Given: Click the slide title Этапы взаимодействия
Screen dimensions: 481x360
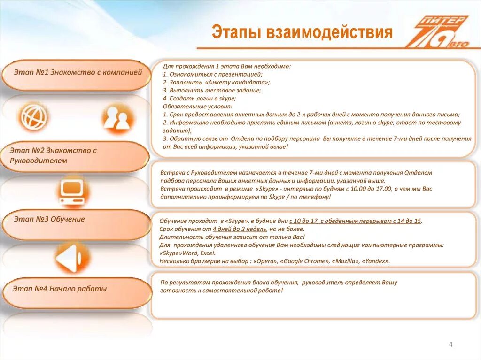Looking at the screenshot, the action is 302,32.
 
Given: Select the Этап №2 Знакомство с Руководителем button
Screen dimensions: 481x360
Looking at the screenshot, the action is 75,156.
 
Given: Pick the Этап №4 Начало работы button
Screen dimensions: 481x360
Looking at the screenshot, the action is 78,293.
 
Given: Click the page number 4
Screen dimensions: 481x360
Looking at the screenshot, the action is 450,345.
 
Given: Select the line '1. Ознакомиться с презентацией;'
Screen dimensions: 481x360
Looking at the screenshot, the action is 213,74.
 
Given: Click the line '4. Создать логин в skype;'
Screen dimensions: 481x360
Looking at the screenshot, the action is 199,99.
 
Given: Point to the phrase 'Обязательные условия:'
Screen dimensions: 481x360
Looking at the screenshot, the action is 198,107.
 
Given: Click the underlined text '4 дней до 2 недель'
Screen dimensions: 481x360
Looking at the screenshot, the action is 240,229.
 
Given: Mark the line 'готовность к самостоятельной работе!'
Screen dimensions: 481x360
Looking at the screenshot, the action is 221,291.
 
